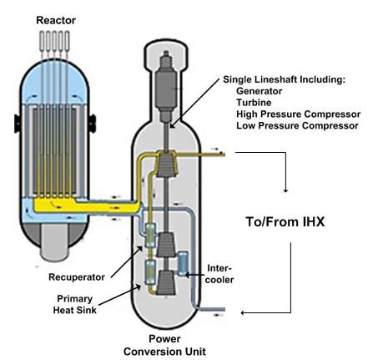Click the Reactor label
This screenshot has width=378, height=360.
56,20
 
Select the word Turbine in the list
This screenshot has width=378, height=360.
254,103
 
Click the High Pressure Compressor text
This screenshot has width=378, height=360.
298,114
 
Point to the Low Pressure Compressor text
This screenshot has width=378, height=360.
297,125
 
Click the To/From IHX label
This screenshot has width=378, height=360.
285,222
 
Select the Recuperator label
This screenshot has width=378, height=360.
77,277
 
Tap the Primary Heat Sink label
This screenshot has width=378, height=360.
75,304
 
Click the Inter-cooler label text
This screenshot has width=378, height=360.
219,274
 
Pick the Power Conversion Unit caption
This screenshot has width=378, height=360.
164,345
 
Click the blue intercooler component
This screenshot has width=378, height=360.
183,263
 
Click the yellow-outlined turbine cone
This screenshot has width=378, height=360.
166,164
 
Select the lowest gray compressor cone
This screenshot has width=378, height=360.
166,282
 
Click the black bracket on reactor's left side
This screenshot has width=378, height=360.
18,124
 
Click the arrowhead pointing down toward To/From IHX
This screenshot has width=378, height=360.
285,190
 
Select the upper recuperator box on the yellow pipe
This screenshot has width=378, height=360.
150,236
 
